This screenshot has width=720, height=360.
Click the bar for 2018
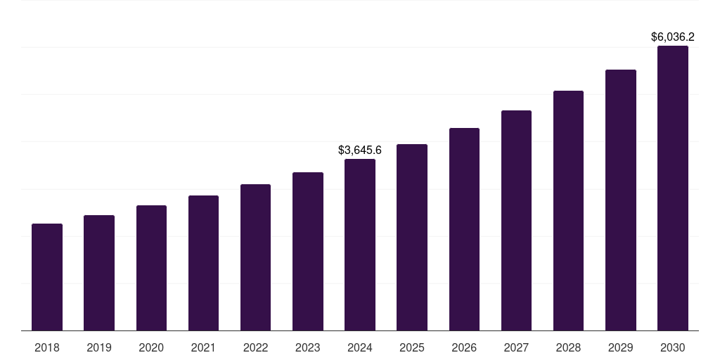(47, 277)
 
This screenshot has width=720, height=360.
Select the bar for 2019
(99, 273)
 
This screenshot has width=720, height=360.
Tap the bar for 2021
(203, 263)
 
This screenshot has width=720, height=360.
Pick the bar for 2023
(308, 251)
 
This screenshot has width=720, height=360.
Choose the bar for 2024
(360, 245)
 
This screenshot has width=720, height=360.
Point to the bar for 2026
(464, 229)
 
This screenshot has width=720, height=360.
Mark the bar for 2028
(568, 211)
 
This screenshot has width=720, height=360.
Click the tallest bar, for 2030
(673, 188)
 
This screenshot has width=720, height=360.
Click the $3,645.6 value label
(360, 150)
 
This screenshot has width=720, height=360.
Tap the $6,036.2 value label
(673, 37)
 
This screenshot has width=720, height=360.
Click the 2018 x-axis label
(47, 347)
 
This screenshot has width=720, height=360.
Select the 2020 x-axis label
(151, 347)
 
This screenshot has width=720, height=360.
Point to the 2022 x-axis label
(255, 347)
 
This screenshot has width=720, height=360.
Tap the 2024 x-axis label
(360, 347)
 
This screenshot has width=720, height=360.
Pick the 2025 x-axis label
(412, 347)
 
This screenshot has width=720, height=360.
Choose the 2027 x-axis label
(516, 347)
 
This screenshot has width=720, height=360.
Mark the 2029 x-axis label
(620, 347)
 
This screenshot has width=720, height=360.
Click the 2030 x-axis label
(673, 347)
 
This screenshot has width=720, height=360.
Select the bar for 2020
(151, 268)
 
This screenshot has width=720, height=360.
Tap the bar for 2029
(620, 200)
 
